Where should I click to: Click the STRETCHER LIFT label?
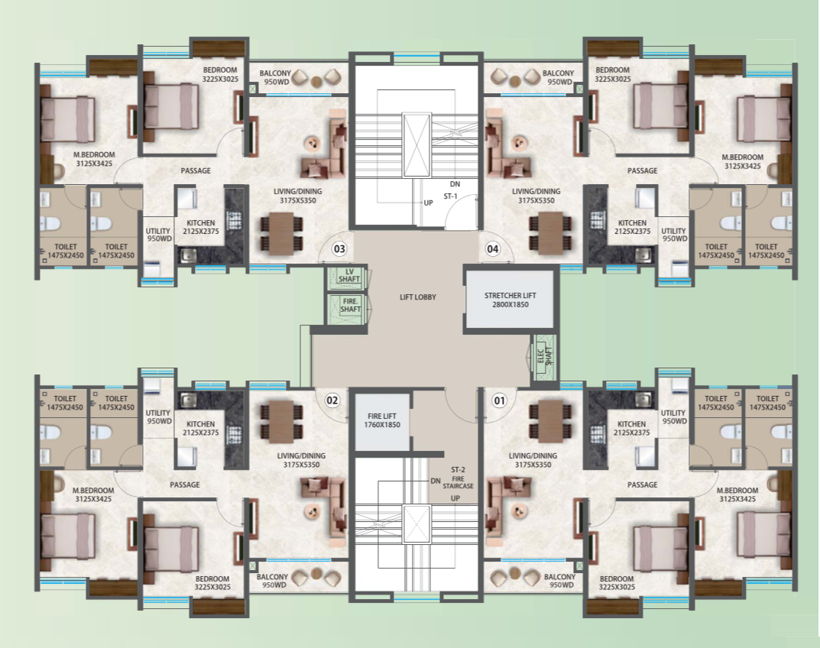point(507,295)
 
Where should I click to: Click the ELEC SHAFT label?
point(545,357)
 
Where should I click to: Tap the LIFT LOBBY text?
point(417,296)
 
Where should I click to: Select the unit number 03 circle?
point(339,248)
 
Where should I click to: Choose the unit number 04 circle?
point(493,248)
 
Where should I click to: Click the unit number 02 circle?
point(332,399)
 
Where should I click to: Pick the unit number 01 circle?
point(500,399)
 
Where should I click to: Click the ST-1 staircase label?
point(450,196)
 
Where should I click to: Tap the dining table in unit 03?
point(282,233)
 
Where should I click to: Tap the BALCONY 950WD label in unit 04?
point(558,77)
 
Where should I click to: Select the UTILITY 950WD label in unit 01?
point(673,417)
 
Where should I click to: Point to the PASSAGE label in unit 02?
point(185,484)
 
